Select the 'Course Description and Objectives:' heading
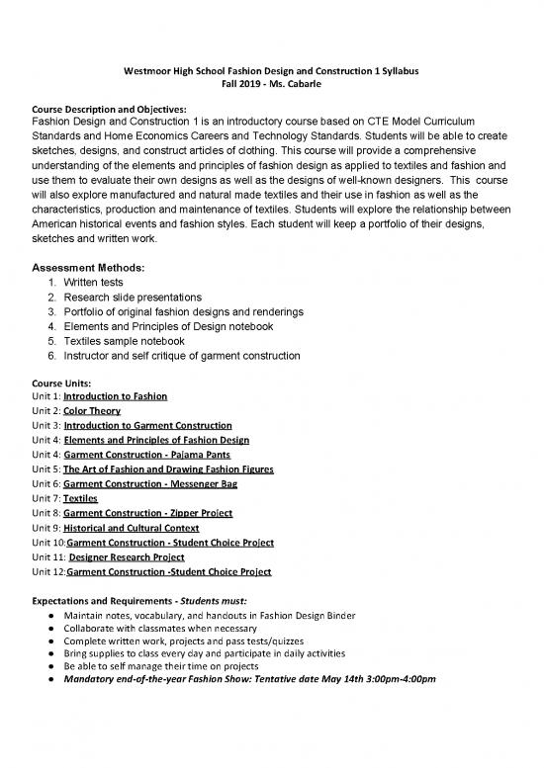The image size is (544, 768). pos(105,109)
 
